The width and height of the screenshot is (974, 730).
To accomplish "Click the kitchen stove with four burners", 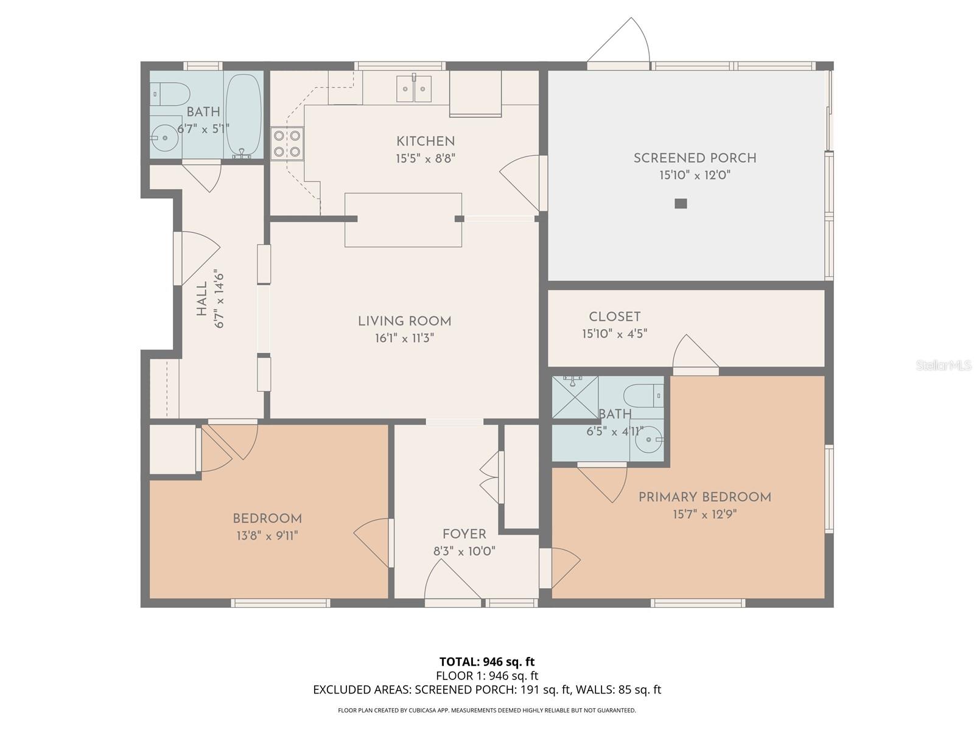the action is coord(287,143).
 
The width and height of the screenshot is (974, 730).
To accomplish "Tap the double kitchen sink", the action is coord(413,88).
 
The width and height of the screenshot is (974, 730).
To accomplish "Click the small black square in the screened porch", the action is coord(680,203).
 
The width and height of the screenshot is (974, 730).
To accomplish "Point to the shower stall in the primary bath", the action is coord(575,397).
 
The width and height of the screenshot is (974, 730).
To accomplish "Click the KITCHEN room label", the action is coord(426,141).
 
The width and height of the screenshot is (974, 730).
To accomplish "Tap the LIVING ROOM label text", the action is coord(404,321).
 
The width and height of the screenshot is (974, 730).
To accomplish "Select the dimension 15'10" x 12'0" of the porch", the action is coord(695,176).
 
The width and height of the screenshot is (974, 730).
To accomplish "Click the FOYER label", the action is coord(464,534).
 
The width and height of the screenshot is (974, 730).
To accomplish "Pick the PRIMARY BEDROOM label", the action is coord(705,497).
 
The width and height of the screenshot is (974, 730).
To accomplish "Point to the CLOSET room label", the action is coord(615,317).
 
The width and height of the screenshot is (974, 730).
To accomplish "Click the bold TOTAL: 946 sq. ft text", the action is coord(487,662).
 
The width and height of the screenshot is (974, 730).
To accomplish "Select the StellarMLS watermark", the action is coord(943,366).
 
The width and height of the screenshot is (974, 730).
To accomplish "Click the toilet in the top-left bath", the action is coord(170,94).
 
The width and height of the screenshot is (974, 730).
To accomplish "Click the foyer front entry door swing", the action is coord(452,579).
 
